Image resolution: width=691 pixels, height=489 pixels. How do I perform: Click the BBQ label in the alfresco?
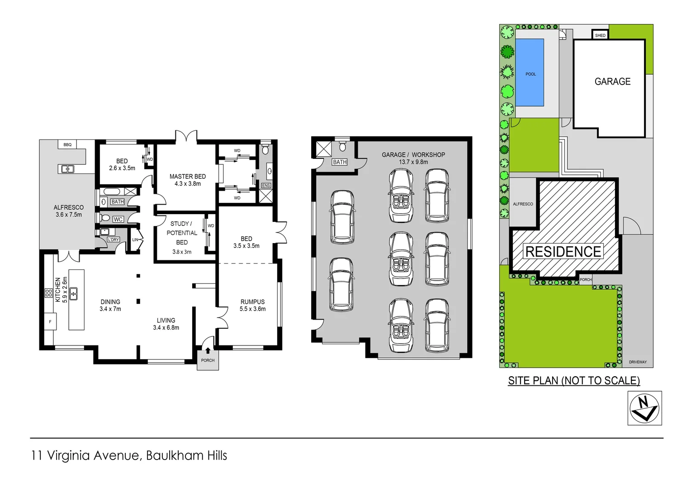point(67,145)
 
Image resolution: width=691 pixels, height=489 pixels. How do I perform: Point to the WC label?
point(118,220)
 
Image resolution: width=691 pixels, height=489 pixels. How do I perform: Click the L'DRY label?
point(114,240)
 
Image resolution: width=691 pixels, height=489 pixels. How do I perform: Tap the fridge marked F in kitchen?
point(50,322)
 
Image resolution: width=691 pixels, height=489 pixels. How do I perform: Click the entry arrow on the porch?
point(208,350)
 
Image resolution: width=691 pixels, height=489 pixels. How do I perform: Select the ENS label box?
point(266,186)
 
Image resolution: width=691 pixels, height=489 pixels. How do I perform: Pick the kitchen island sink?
point(73,293)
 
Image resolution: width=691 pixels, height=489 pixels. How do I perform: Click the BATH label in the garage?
point(340,162)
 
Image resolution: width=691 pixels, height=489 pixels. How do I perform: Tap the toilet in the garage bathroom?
point(342,146)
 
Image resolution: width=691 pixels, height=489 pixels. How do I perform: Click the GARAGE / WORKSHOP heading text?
point(413,155)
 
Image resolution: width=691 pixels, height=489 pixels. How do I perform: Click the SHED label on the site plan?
point(600,35)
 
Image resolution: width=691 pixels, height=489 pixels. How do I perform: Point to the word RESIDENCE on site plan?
point(563,252)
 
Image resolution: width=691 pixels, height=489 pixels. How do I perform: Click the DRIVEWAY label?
point(638,362)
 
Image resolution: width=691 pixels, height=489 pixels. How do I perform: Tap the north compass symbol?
point(644,408)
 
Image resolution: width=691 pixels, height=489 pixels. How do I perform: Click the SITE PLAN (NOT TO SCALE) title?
point(574,381)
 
